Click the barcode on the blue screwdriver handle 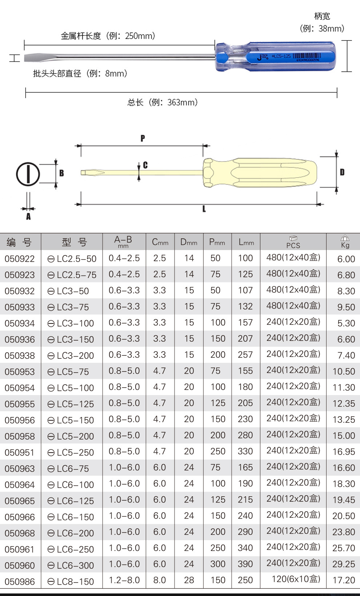[307, 56]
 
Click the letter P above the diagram [143, 138]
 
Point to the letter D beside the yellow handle [342, 172]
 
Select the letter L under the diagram [204, 209]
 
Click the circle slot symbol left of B [28, 174]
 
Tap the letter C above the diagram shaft [145, 165]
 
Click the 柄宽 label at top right [322, 16]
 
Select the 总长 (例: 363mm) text [162, 103]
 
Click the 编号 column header [19, 242]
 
